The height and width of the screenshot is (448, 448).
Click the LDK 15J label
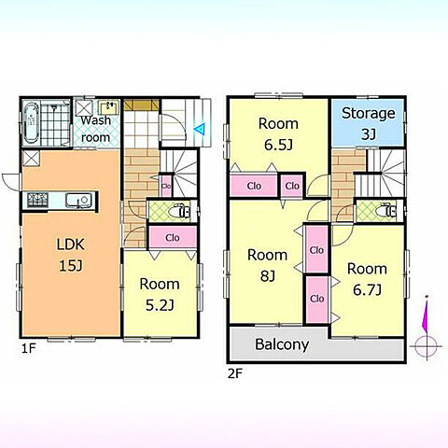[71, 255]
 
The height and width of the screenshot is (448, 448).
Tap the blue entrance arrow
[200, 129]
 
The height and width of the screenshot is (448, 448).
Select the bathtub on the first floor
[31, 122]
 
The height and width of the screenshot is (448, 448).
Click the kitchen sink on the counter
[78, 200]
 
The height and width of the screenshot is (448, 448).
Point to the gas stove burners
[37, 200]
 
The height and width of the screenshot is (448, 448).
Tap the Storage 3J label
[369, 123]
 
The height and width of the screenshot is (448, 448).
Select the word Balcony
[282, 344]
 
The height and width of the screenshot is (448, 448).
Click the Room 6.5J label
[278, 134]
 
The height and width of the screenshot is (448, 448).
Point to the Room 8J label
[267, 265]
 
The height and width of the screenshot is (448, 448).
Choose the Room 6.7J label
[367, 279]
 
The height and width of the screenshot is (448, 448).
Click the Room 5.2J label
[160, 294]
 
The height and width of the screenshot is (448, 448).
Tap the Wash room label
[96, 129]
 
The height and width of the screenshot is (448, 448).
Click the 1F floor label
[29, 348]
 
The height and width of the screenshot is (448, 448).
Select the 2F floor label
[235, 373]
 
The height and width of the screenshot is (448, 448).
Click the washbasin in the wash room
[108, 108]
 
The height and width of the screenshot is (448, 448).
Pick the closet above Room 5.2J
[173, 237]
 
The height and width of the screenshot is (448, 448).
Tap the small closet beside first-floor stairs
[166, 186]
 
